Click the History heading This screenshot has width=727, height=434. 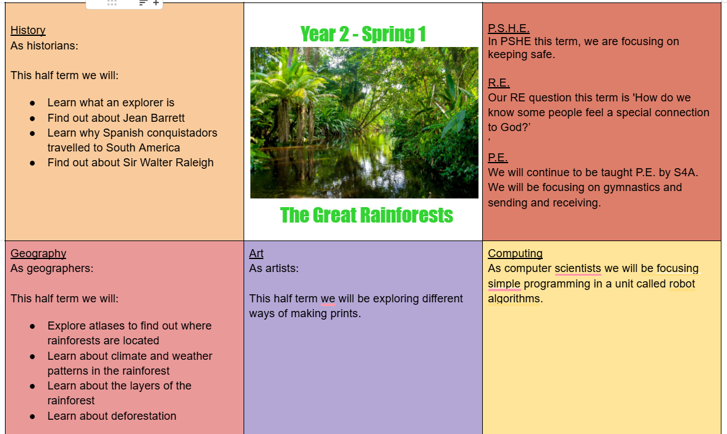click(28, 30)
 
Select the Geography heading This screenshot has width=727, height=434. click(38, 253)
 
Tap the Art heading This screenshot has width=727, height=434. click(256, 253)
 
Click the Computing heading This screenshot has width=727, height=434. click(515, 253)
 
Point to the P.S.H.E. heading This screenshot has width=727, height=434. click(509, 28)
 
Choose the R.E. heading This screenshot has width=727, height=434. click(498, 83)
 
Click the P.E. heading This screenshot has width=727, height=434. click(498, 158)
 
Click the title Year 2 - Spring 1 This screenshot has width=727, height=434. click(363, 35)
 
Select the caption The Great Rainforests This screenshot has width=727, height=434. click(366, 215)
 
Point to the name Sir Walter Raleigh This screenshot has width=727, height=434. click(168, 163)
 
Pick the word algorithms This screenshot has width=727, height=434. click(514, 299)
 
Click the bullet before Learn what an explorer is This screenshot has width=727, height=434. click(32, 103)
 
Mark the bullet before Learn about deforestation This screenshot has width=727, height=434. click(32, 417)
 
